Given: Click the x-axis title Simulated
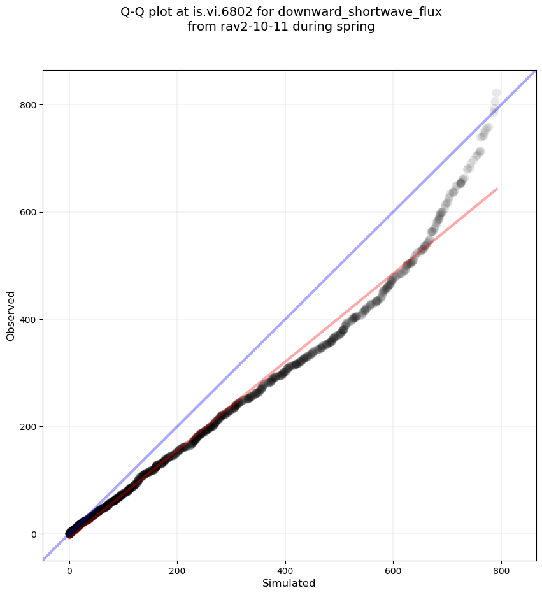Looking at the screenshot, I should click(x=289, y=583).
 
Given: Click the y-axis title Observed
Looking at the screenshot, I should click(x=11, y=315).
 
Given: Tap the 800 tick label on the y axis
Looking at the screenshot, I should click(x=29, y=104).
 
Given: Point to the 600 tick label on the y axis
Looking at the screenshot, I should click(x=29, y=212).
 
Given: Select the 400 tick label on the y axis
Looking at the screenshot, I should click(x=29, y=319).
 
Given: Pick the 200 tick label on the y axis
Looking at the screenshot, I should click(x=29, y=427).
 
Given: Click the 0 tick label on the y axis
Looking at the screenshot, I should click(x=34, y=534).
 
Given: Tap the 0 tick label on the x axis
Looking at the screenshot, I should click(x=69, y=571).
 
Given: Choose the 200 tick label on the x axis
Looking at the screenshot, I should click(x=178, y=571).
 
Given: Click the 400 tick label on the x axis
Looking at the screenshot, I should click(x=285, y=571).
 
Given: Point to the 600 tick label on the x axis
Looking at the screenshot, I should click(x=393, y=571).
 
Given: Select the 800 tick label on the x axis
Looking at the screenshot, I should click(x=501, y=571).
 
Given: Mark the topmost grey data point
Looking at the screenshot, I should click(x=496, y=93).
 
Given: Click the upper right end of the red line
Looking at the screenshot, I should click(x=497, y=189).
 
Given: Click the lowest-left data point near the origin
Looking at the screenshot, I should click(x=69, y=533).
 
